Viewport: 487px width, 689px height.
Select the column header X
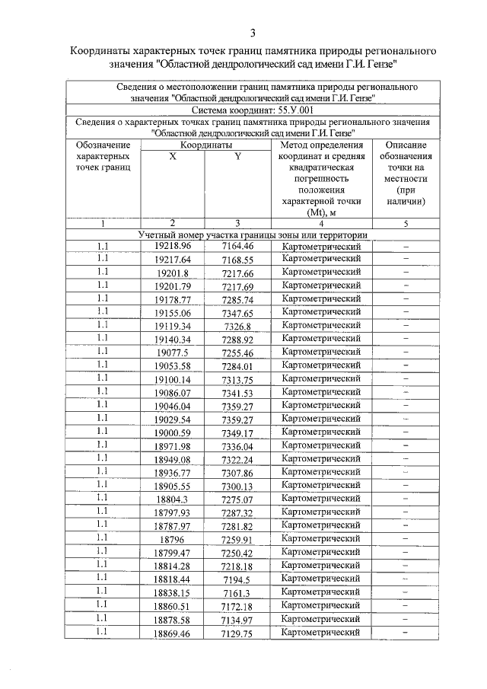tap(173, 156)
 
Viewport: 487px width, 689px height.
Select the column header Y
tap(237, 156)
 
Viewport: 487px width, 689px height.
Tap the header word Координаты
tap(205, 145)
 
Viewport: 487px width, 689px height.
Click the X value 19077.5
tap(173, 352)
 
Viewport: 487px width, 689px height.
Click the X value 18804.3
tap(173, 499)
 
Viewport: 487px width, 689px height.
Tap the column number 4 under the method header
tap(320, 223)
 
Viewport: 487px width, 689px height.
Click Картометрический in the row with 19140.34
tap(320, 339)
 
